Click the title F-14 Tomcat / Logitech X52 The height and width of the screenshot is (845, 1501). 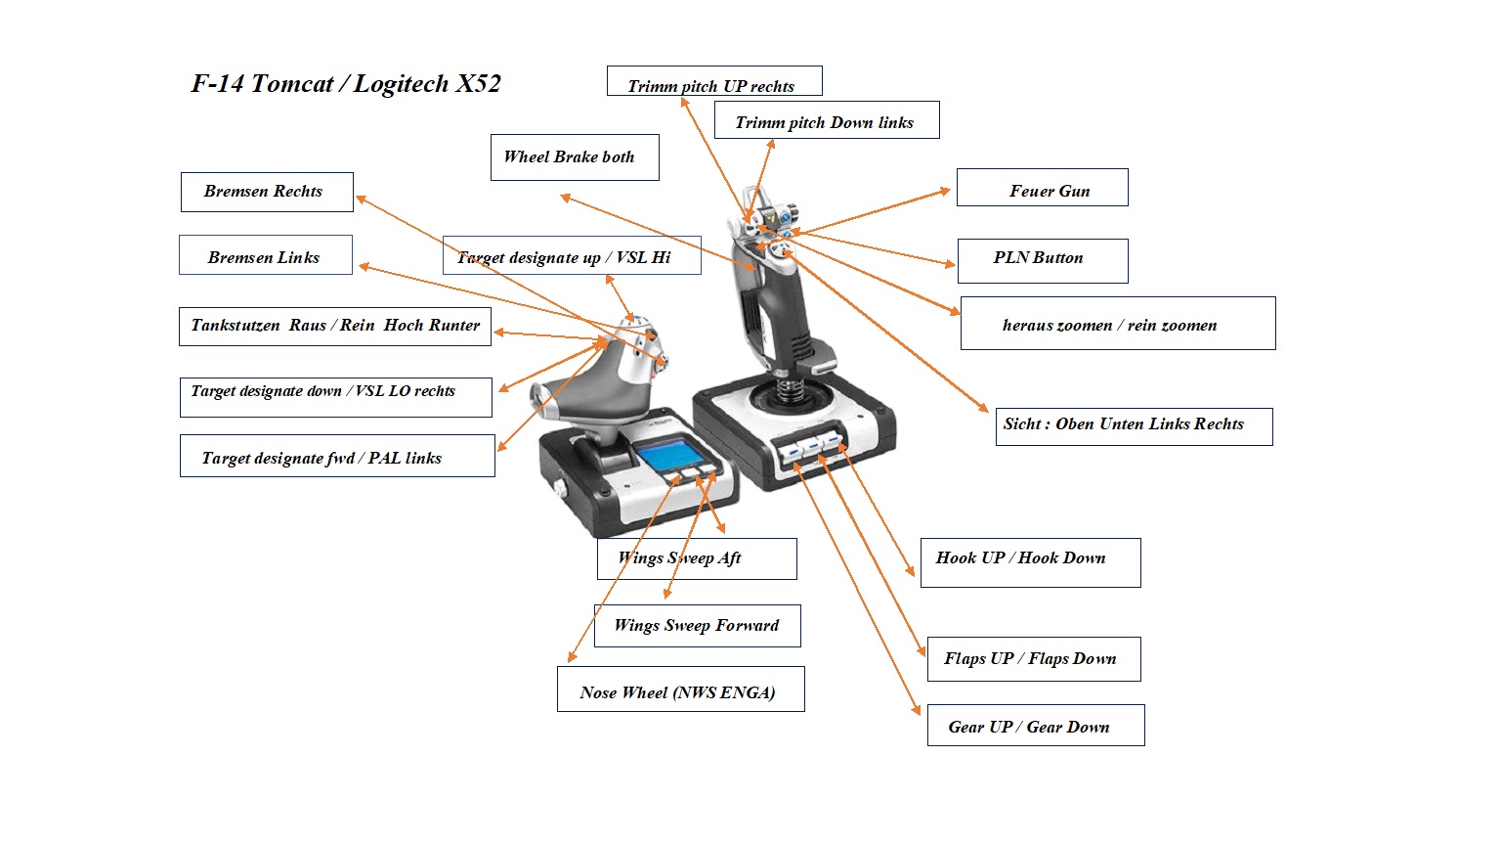(x=346, y=84)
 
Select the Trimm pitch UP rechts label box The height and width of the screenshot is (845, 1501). (x=713, y=81)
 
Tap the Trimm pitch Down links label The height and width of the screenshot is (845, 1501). (x=826, y=120)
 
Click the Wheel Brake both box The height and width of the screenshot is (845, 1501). (x=574, y=157)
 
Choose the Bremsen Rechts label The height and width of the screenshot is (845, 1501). (x=266, y=192)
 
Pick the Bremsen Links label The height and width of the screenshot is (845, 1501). (x=265, y=255)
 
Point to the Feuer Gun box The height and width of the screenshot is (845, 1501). (x=1042, y=188)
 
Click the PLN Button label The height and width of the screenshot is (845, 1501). (x=1042, y=260)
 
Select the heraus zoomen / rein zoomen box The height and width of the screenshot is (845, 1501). (x=1117, y=324)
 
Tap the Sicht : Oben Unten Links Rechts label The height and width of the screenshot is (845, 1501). (x=1133, y=426)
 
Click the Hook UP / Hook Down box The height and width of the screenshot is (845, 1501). (x=1029, y=561)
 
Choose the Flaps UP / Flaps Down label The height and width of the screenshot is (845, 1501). (x=1033, y=659)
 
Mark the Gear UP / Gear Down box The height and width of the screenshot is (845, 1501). (x=1035, y=726)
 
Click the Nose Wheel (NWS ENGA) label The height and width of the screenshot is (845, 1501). (x=680, y=689)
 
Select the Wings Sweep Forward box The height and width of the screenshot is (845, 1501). (x=697, y=626)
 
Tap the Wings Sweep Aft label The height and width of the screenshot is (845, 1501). (x=697, y=558)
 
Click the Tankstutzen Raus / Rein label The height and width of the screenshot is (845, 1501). (x=334, y=327)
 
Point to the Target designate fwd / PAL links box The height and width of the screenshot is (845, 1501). (x=336, y=456)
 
